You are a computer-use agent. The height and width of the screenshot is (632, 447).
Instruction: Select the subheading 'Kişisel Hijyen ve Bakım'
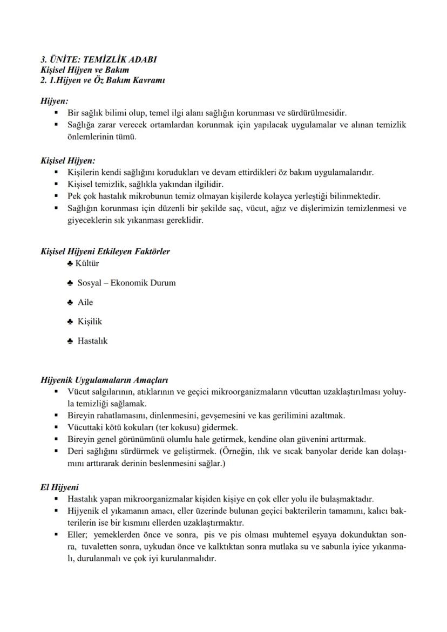click(85, 70)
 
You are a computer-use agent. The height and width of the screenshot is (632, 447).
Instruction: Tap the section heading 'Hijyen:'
click(54, 101)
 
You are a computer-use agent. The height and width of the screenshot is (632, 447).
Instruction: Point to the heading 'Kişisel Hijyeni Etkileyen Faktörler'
click(105, 252)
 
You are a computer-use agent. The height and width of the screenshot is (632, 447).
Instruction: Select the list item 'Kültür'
click(87, 263)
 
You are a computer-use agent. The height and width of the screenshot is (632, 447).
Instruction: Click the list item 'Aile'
click(85, 302)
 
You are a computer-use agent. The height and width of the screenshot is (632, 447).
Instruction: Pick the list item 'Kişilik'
click(90, 322)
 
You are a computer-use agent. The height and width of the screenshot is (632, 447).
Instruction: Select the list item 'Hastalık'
click(92, 341)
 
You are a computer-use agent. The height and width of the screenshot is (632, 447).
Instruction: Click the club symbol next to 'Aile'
click(70, 303)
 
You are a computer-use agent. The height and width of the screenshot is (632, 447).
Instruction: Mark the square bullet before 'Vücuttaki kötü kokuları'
click(56, 427)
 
